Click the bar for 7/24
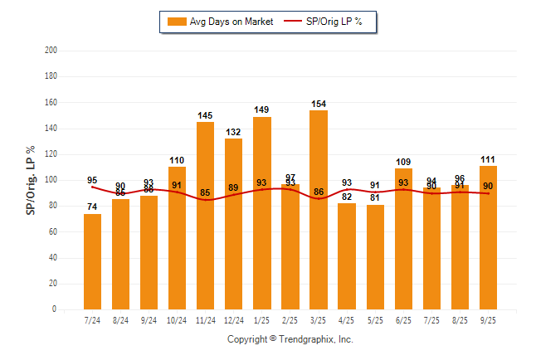(x=93, y=261)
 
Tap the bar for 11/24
(x=206, y=216)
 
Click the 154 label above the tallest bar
(x=319, y=104)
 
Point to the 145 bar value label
(x=206, y=115)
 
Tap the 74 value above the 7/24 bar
(x=93, y=207)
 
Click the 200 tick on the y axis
(x=51, y=51)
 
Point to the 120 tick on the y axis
(x=51, y=154)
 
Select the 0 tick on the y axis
(x=55, y=309)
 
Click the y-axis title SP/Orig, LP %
(x=31, y=180)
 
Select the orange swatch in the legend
(x=177, y=22)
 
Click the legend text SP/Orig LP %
(x=335, y=22)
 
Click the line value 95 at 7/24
(x=92, y=180)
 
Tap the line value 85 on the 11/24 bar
(x=206, y=193)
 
